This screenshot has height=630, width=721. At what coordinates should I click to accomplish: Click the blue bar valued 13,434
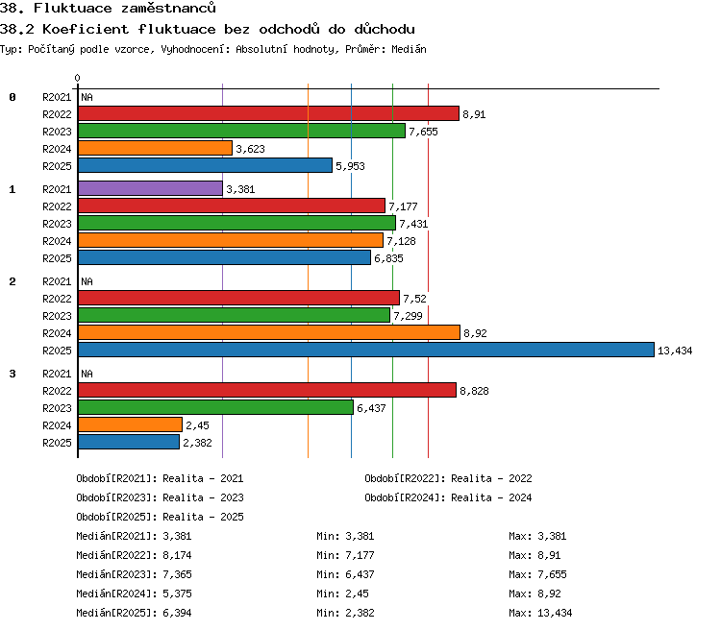pyautogui.click(x=366, y=350)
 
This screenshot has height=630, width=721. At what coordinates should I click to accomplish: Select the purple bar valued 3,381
pyautogui.click(x=150, y=188)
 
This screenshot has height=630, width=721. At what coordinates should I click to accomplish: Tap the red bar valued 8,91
pyautogui.click(x=268, y=113)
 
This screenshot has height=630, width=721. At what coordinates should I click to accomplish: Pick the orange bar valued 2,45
pyautogui.click(x=130, y=424)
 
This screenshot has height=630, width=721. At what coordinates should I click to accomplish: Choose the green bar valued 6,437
pyautogui.click(x=215, y=407)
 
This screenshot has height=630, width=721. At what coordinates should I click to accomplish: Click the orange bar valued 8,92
pyautogui.click(x=269, y=332)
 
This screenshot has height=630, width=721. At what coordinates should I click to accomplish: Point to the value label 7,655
pyautogui.click(x=423, y=132)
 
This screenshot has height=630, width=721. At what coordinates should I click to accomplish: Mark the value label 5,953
pyautogui.click(x=350, y=166)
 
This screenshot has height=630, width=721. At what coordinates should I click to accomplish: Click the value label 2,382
pyautogui.click(x=197, y=443)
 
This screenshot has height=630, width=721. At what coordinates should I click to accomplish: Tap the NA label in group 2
pyautogui.click(x=87, y=281)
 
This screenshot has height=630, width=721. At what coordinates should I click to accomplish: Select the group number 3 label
pyautogui.click(x=12, y=374)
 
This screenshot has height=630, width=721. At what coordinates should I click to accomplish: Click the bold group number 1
pyautogui.click(x=12, y=189)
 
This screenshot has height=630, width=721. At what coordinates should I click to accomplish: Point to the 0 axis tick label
pyautogui.click(x=77, y=78)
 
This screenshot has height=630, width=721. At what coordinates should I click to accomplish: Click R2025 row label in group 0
pyautogui.click(x=57, y=166)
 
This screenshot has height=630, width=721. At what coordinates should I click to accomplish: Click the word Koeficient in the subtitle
pyautogui.click(x=86, y=29)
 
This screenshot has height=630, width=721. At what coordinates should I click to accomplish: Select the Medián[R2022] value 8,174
pyautogui.click(x=177, y=555)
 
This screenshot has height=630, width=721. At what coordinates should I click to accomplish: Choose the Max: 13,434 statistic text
pyautogui.click(x=540, y=613)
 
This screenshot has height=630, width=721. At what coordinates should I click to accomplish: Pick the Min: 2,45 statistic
pyautogui.click(x=342, y=594)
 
